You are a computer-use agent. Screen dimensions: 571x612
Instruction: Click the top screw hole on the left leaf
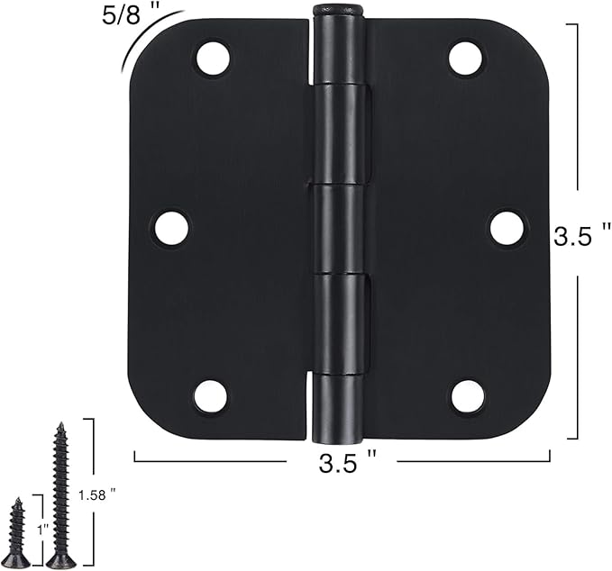click(213, 59)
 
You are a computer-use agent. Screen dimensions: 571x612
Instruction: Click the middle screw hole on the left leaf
click(171, 228)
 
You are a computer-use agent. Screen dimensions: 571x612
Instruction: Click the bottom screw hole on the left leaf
click(211, 395)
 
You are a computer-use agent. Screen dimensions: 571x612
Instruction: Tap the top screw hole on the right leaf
click(465, 59)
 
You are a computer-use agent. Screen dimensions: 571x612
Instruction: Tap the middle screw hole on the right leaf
click(507, 228)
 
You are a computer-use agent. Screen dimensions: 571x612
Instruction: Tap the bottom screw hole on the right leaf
click(468, 395)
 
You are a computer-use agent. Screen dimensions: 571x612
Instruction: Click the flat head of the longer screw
click(61, 562)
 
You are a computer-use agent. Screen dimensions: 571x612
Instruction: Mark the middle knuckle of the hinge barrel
click(339, 228)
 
